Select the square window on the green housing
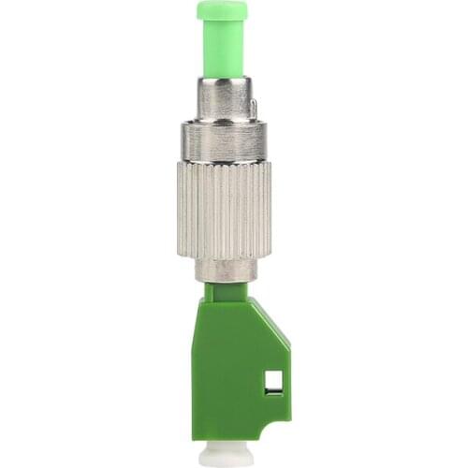tap(273, 381)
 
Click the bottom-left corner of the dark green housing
tap(195, 436)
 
